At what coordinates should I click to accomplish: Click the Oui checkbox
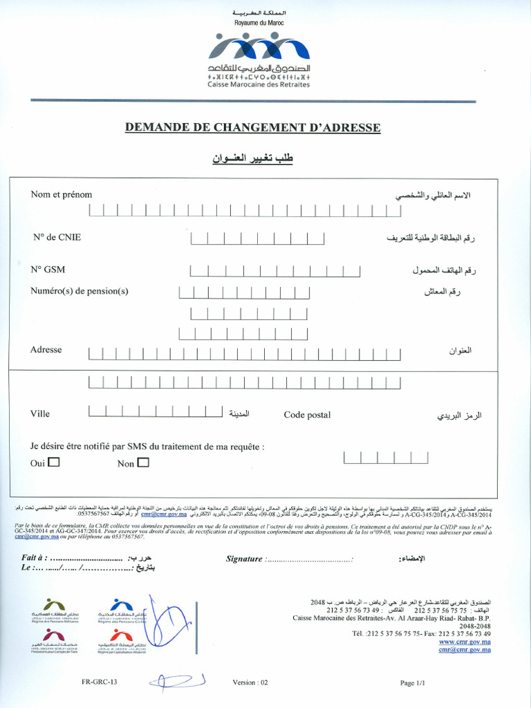pos(54,463)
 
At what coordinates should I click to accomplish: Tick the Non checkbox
pos(143,463)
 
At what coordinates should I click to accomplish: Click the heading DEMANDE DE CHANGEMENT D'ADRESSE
pos(252,127)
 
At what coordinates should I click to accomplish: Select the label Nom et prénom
pos(61,194)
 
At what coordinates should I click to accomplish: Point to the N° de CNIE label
pos(57,237)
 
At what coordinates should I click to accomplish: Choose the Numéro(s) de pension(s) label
pos(80,291)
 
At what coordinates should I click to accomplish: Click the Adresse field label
pos(46,350)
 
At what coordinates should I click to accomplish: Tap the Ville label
pos(40,413)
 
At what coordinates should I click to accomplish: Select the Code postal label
pos(307,415)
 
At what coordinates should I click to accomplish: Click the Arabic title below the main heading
pos(253,158)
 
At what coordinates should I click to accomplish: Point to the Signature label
pos(244,559)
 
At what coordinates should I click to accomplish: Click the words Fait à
pos(34,558)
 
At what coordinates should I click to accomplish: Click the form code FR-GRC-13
pos(99,682)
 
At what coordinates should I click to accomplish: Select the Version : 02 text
pos(250,682)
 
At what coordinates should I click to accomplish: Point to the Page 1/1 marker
pos(411,683)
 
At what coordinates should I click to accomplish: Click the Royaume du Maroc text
pos(259,23)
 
